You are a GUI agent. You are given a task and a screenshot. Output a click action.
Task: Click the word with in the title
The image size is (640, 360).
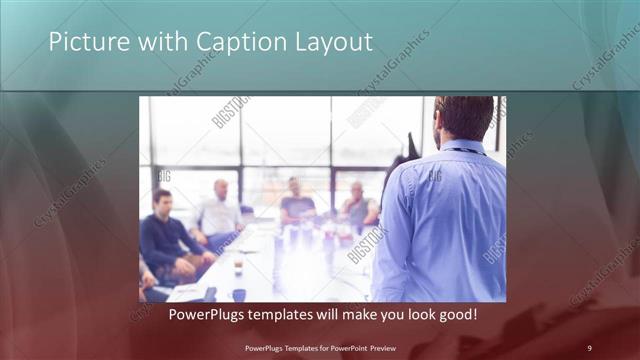(x=158, y=42)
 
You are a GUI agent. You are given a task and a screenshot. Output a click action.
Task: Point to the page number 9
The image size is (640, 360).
(x=589, y=347)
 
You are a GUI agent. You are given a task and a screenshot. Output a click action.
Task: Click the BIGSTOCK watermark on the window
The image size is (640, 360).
(x=230, y=111)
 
